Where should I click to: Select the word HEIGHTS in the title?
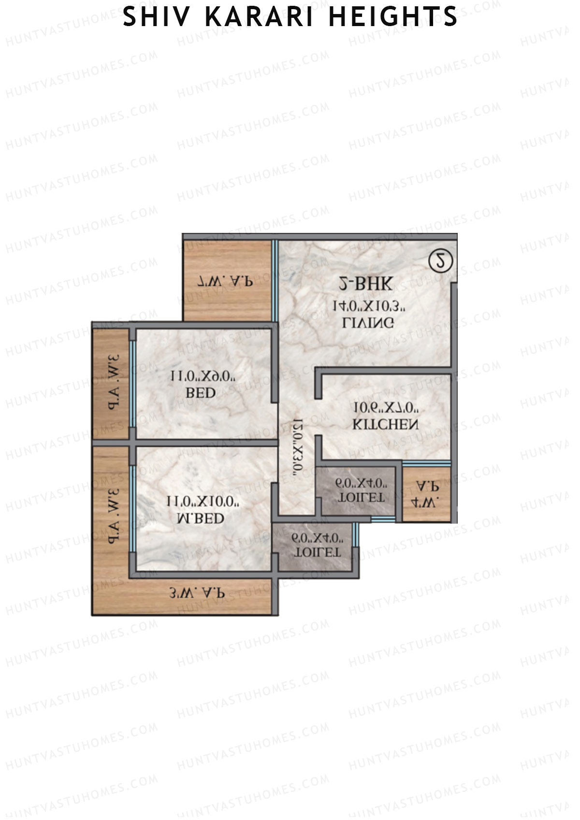[392, 17]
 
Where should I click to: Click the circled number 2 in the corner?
[440, 261]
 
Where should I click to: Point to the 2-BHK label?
[365, 284]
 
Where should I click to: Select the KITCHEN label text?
[385, 425]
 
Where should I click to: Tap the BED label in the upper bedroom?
[201, 393]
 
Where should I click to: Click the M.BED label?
[201, 518]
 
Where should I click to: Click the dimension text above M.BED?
[203, 501]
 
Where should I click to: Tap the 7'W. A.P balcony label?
[226, 281]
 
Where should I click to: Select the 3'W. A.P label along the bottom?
[197, 592]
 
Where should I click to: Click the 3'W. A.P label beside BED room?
[114, 382]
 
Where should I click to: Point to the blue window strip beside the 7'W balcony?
[275, 280]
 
